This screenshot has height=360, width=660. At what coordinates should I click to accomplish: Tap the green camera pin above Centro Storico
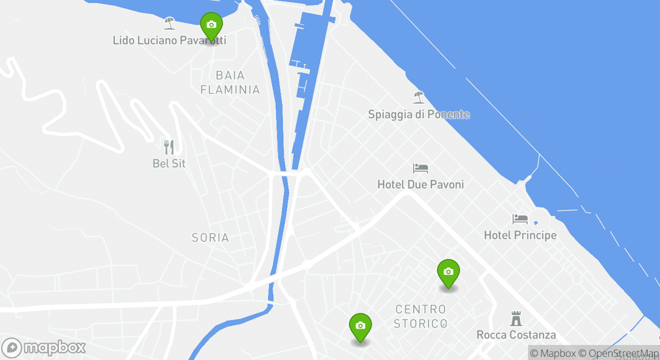coord(448,273)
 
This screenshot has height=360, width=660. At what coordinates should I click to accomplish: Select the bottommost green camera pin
coord(360,327)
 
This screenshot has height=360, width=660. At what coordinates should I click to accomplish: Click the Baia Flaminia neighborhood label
coord(230,82)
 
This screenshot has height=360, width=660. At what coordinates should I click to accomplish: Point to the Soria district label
coord(210,237)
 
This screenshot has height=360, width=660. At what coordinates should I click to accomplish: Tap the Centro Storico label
coord(420,316)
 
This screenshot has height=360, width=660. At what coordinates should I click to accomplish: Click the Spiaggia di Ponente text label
coord(419,114)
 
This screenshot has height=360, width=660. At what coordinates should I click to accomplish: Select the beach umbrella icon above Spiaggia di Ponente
coord(418,97)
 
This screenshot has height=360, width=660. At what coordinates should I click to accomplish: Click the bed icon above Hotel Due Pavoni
coord(420,168)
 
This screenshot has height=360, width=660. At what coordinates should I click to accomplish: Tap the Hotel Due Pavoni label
coord(420,184)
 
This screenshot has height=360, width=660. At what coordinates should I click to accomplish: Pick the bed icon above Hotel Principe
coord(520,219)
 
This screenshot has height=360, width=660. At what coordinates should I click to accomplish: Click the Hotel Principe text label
coord(520,235)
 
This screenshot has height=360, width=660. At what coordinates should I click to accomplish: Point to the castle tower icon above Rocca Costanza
coord(516,318)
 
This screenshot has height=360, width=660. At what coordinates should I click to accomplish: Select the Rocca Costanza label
coord(516,335)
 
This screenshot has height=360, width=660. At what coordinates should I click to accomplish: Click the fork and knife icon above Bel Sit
coord(169,147)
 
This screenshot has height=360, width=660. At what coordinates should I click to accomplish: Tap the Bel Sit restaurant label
coord(169,163)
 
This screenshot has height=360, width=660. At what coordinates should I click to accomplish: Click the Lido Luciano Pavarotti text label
coord(169,40)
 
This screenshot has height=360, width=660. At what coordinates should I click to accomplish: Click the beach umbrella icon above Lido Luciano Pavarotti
coord(169,23)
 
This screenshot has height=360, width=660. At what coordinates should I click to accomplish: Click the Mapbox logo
coord(43,347)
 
